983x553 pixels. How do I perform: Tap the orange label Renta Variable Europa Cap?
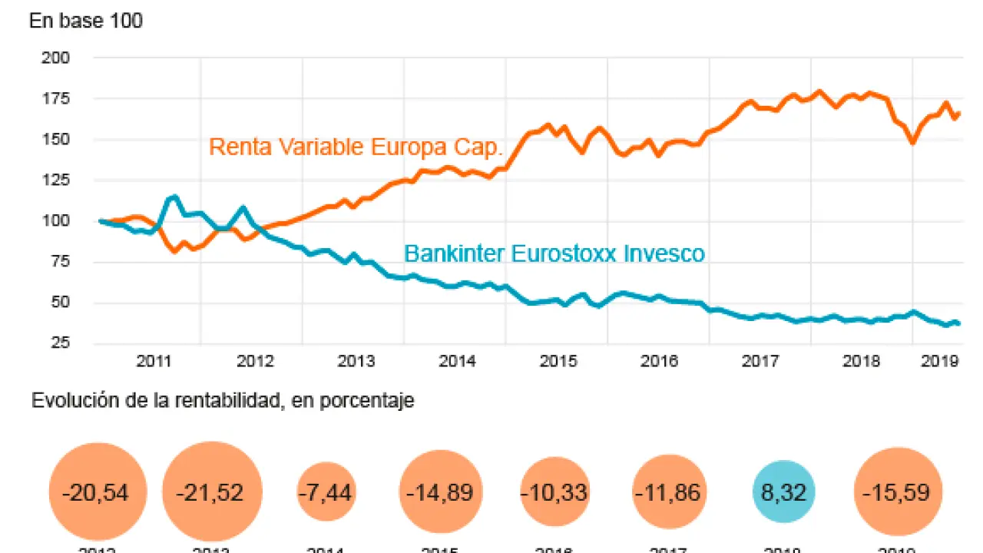click(x=356, y=147)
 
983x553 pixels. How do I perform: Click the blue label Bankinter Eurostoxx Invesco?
click(x=554, y=253)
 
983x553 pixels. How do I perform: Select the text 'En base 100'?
click(x=86, y=21)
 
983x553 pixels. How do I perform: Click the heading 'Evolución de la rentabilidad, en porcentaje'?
click(x=223, y=401)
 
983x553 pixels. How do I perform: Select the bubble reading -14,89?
click(x=441, y=492)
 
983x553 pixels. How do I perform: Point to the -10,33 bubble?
click(x=555, y=492)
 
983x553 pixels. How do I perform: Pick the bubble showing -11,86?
click(x=669, y=492)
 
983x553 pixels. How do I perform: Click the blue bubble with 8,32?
click(x=783, y=492)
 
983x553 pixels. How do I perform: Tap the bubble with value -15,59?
click(x=898, y=492)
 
